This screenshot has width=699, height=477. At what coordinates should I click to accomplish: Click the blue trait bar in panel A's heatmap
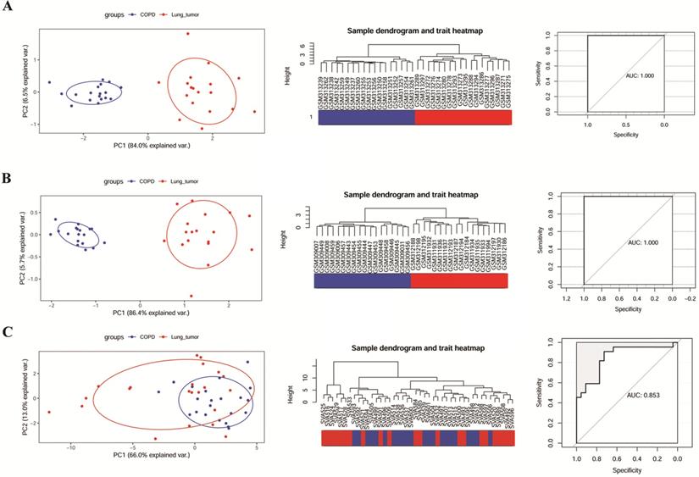(367, 119)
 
